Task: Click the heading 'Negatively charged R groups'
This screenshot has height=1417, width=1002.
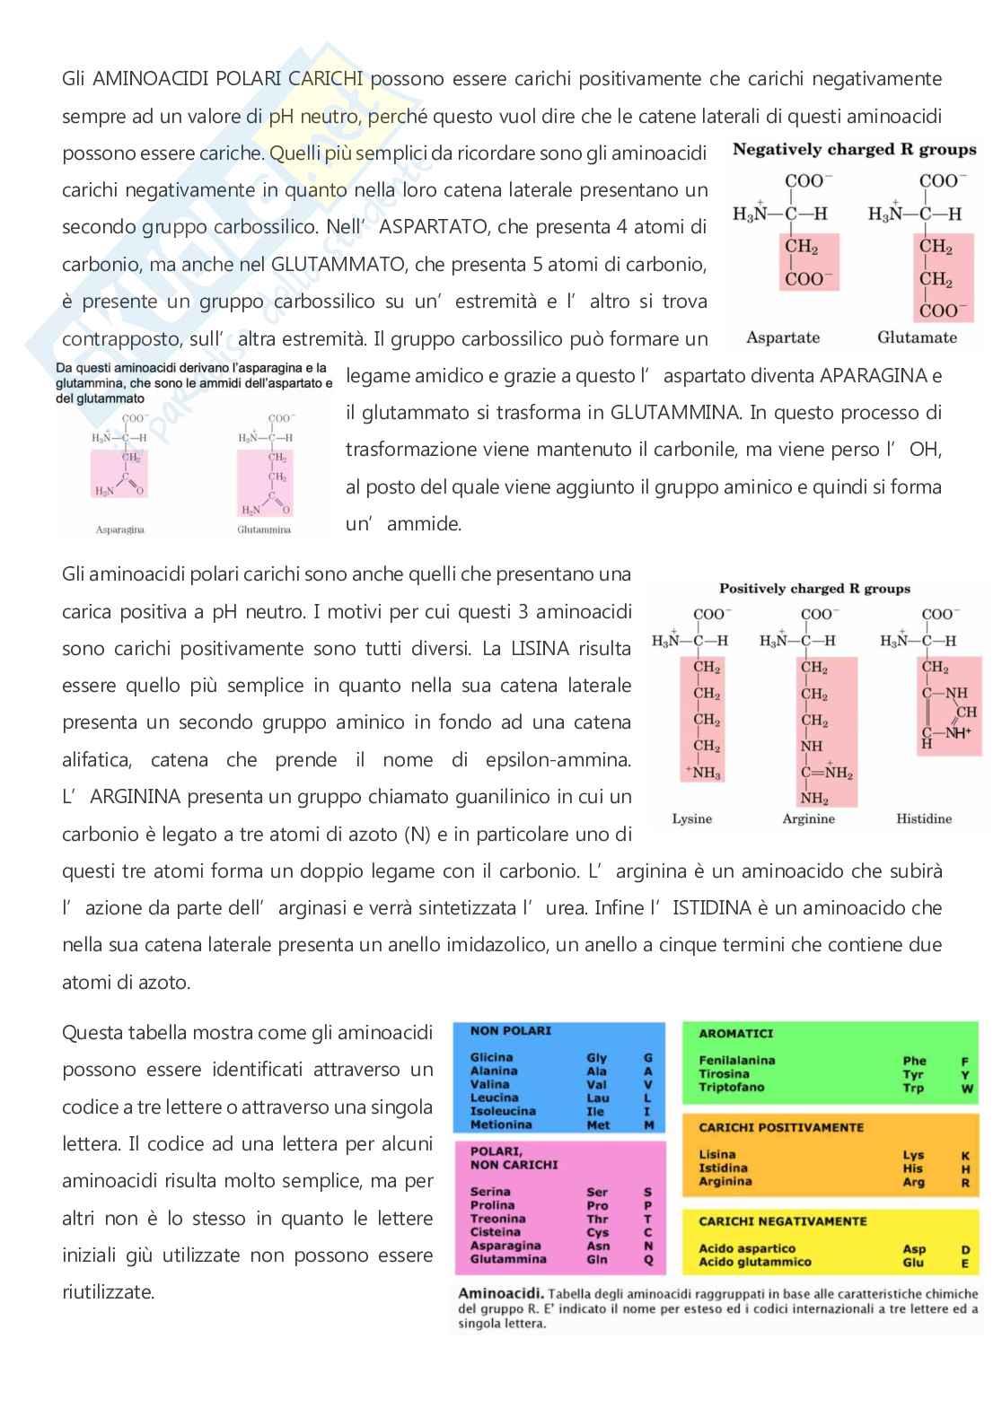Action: (854, 150)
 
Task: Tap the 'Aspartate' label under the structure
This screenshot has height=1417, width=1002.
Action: (783, 337)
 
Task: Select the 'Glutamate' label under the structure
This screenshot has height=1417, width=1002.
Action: (917, 337)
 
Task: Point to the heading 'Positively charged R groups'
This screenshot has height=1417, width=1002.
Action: (814, 589)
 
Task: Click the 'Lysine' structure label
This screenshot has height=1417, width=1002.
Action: (691, 818)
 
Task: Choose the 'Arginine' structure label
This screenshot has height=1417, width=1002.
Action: (808, 818)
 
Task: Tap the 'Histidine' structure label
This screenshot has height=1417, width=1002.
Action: (924, 818)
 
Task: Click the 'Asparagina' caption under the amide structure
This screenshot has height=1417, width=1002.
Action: (120, 529)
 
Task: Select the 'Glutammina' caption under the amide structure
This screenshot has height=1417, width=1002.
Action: (264, 529)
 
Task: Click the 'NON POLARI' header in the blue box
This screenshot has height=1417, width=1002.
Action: (510, 1031)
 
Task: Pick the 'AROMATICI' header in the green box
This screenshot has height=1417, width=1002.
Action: (735, 1034)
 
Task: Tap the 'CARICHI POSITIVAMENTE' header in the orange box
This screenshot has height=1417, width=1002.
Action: (781, 1127)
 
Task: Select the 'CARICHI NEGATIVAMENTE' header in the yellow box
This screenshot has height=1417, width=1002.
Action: (783, 1221)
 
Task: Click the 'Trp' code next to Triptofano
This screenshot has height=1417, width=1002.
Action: (913, 1088)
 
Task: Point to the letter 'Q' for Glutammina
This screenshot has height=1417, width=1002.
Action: (648, 1259)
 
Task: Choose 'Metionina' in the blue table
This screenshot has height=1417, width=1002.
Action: (501, 1124)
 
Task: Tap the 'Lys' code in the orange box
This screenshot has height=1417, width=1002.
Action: (913, 1155)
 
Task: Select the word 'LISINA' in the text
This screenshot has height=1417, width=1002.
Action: (540, 648)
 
